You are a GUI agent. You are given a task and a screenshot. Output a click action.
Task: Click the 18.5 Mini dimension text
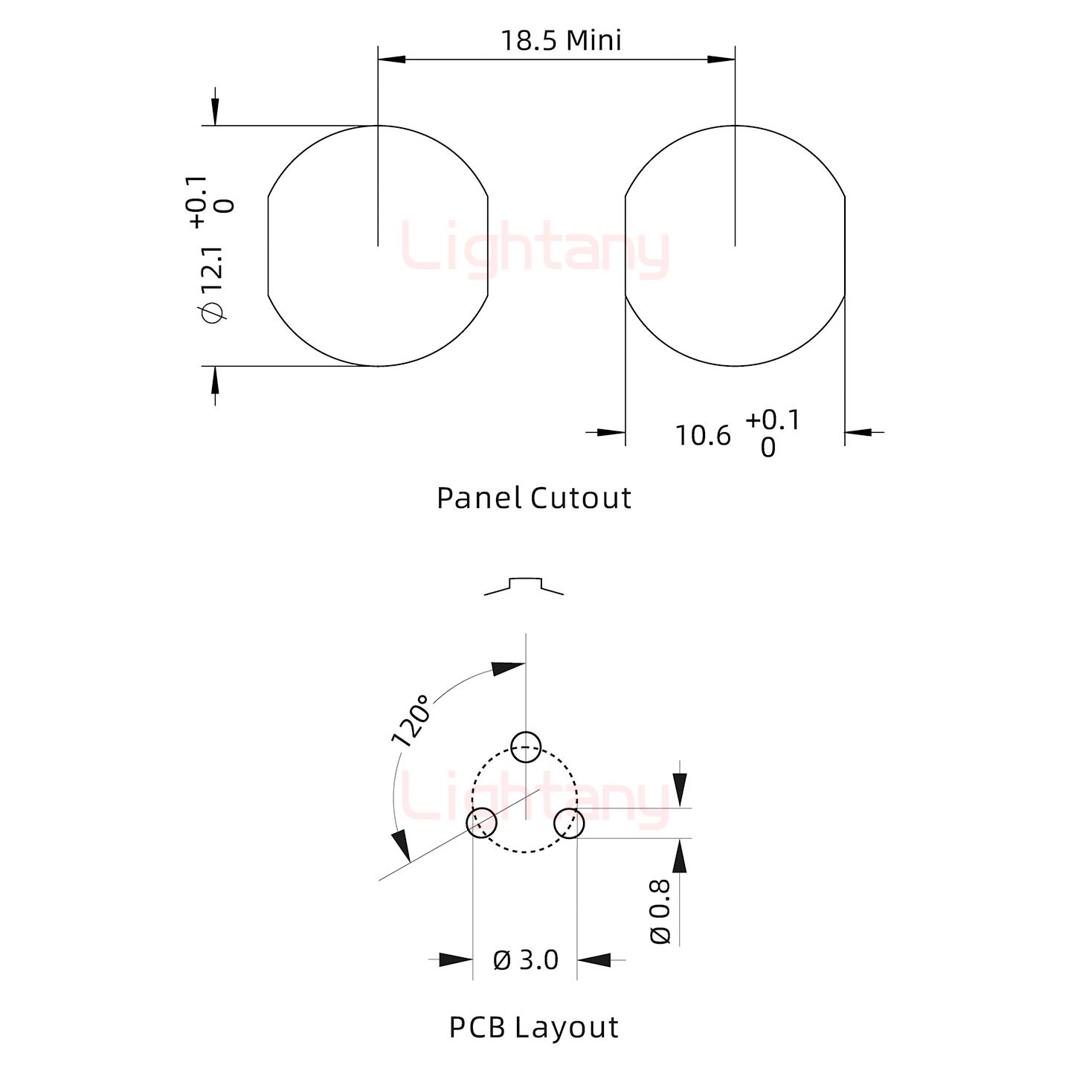561,41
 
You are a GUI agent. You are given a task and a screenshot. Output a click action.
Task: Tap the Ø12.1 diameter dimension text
213,284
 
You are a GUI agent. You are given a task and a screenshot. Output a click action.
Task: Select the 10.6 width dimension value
703,436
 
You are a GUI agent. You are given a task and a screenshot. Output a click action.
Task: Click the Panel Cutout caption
533,498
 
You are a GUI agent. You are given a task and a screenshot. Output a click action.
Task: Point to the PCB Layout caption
533,1027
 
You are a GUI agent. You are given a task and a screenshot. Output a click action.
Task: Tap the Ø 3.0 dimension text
525,960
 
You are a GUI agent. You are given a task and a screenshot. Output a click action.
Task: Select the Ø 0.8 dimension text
660,912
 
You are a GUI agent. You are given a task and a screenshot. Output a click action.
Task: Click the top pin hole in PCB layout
525,747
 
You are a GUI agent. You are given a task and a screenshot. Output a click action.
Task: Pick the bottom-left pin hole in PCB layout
481,823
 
